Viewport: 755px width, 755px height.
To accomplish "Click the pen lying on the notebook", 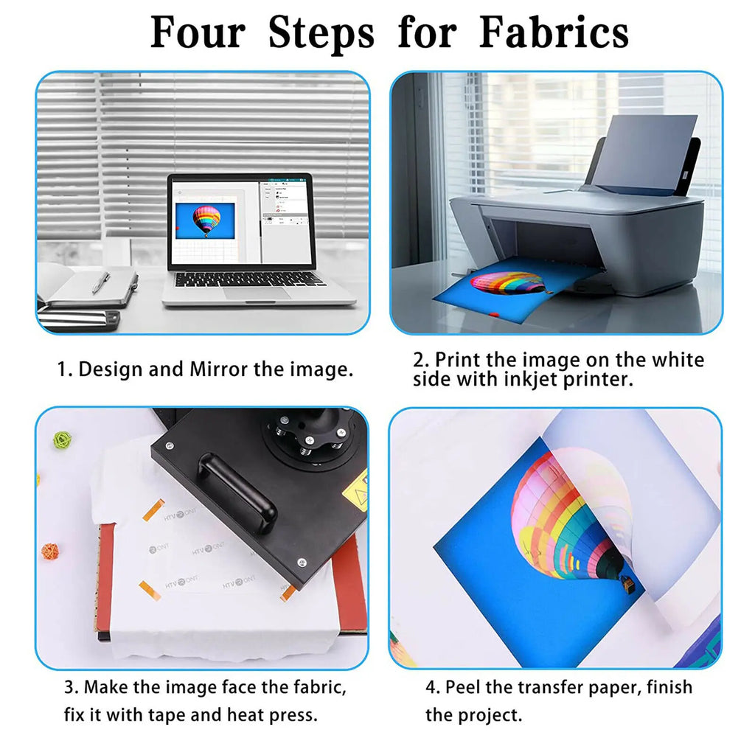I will click(x=101, y=282).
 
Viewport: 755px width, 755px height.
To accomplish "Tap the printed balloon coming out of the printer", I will click(x=509, y=282).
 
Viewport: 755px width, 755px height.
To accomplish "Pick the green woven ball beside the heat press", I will click(x=61, y=440).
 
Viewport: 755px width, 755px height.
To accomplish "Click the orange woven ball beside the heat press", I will click(x=49, y=551).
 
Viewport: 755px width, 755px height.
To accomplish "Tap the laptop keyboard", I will click(x=249, y=279).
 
